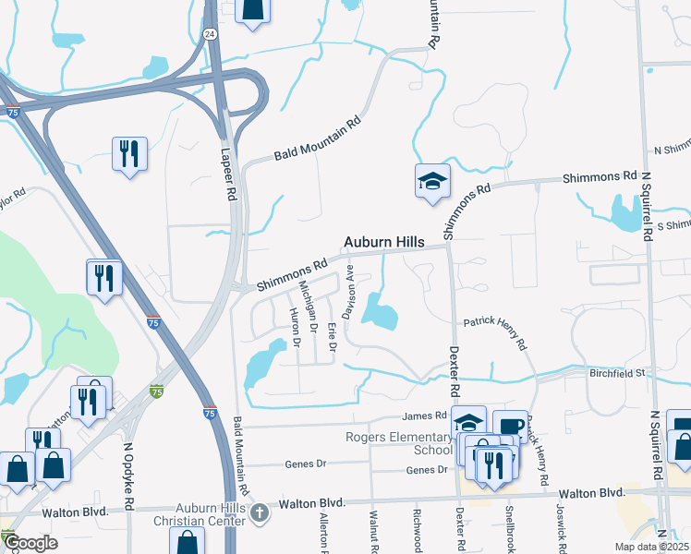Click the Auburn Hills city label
[384, 242]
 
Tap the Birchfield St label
[617, 373]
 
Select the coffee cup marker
[509, 425]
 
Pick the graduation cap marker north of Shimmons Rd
[431, 183]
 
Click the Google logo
[30, 543]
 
